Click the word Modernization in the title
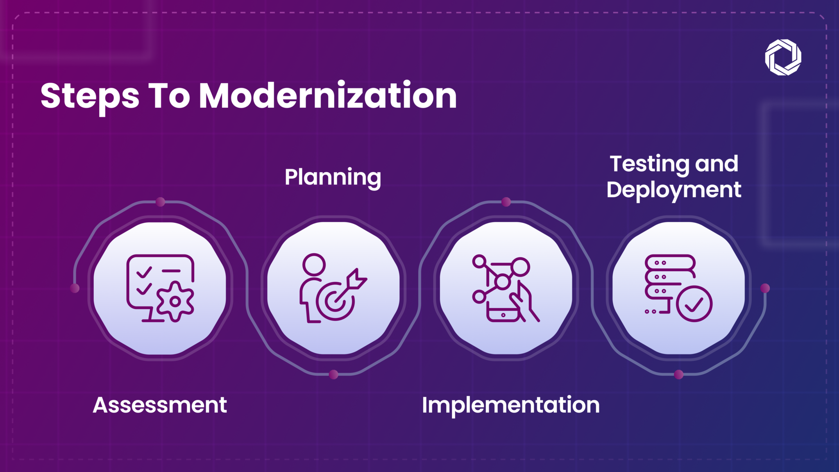328,96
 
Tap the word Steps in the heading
90,97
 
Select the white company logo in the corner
783,57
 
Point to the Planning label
333,177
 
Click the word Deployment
674,190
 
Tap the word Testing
649,164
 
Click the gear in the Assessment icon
175,302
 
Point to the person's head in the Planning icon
314,264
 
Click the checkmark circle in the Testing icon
694,304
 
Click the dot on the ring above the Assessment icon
161,202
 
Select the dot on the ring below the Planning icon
333,374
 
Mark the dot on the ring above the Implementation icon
506,202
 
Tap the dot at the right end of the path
765,288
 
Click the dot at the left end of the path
75,288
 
